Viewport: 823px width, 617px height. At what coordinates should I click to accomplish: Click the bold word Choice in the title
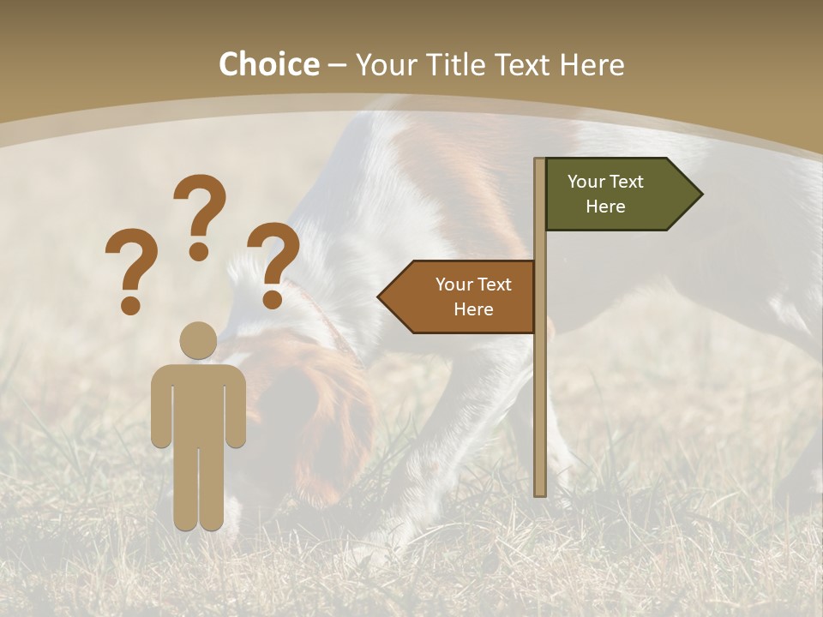268,65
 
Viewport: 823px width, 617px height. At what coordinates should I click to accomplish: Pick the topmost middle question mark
200,217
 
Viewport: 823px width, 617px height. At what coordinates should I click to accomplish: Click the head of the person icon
198,340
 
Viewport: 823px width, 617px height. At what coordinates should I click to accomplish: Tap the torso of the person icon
198,403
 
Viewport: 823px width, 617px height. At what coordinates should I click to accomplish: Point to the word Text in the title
521,65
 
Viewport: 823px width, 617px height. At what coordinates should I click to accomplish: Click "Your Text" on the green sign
605,182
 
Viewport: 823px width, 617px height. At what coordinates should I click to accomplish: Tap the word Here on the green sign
605,207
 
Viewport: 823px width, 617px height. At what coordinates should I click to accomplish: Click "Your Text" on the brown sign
473,285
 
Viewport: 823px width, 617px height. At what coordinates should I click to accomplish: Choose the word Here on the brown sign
473,309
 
